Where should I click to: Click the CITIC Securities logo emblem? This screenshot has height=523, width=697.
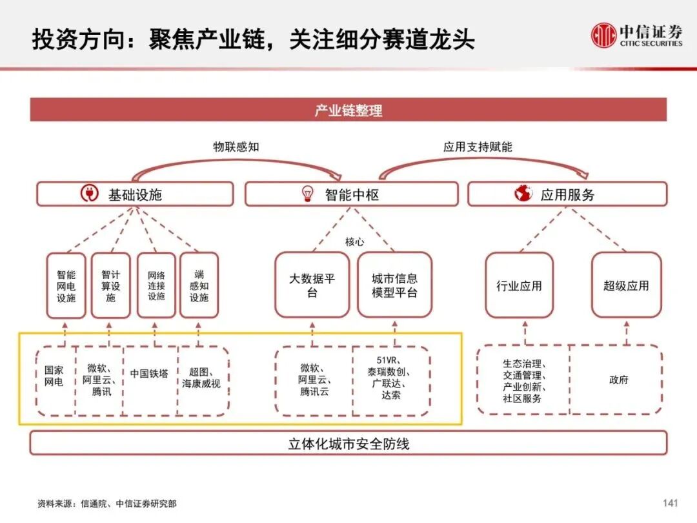click(x=604, y=35)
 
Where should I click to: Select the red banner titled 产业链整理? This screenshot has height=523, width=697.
click(x=348, y=110)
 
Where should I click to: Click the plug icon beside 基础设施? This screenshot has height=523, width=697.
click(x=89, y=193)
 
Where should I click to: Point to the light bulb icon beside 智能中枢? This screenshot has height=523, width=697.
click(x=308, y=193)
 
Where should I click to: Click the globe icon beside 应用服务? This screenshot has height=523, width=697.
click(x=523, y=193)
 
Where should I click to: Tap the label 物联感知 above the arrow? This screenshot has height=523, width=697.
click(x=236, y=147)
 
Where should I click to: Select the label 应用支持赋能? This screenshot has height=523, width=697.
click(x=478, y=147)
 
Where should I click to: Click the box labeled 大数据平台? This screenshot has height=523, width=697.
click(x=312, y=285)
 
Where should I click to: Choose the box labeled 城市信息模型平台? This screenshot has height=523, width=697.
click(x=394, y=285)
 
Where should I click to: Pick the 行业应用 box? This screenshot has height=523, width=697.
click(x=519, y=285)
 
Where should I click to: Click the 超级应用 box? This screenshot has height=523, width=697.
click(x=626, y=285)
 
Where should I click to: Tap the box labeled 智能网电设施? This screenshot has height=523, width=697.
click(x=66, y=285)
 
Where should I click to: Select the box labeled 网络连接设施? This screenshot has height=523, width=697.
click(x=156, y=285)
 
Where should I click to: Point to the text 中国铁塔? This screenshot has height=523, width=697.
click(x=149, y=373)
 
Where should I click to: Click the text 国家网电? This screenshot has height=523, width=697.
click(x=54, y=376)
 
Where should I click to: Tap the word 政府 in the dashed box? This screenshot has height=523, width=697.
click(x=618, y=380)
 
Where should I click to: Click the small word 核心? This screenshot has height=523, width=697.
click(x=354, y=241)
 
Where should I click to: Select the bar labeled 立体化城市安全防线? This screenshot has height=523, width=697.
click(x=348, y=444)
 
